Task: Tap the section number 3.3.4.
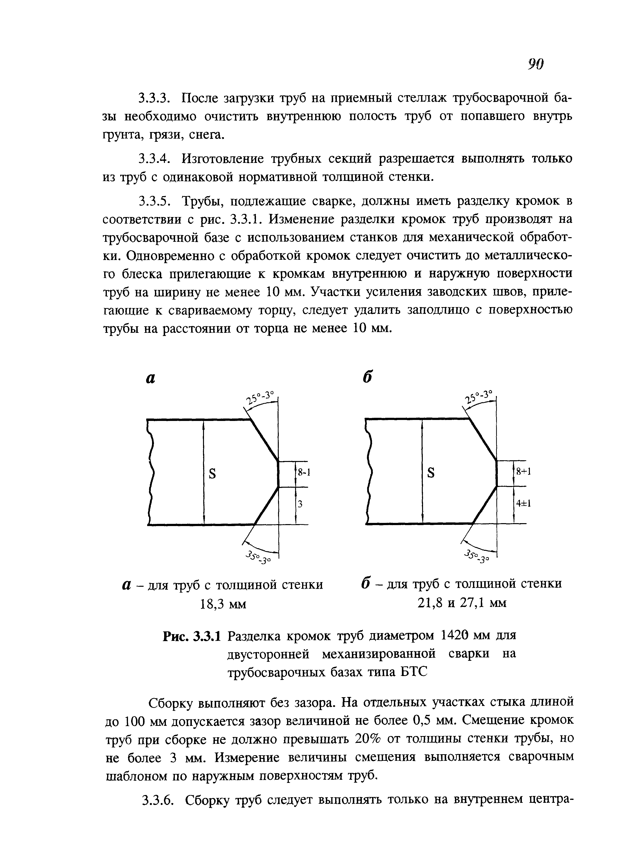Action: [x=154, y=159]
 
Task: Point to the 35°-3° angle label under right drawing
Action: [x=477, y=556]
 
